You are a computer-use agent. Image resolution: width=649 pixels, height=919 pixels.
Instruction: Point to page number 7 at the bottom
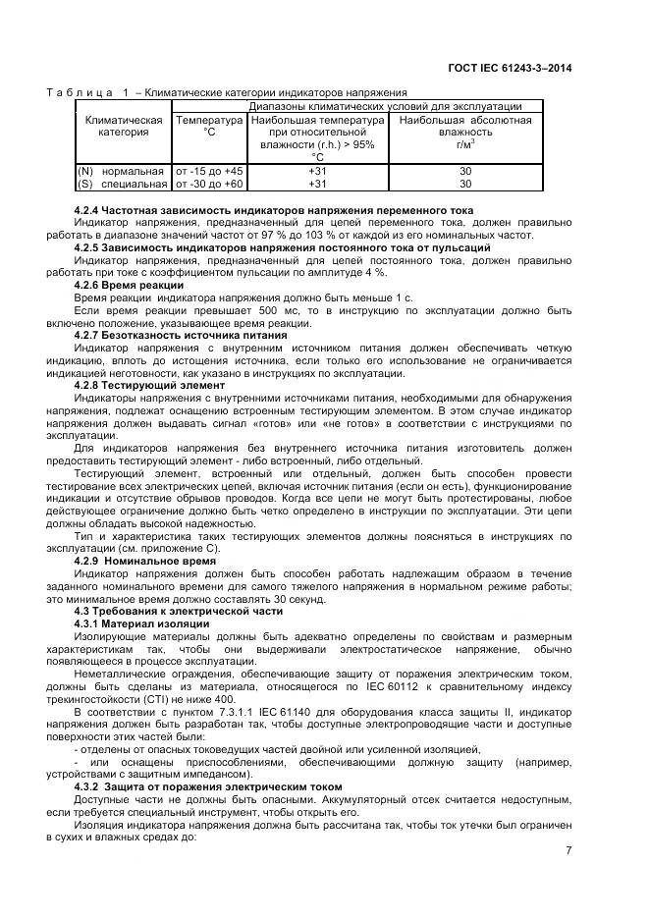[x=568, y=850]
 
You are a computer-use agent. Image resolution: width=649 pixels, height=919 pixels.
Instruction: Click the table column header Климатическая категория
[x=124, y=126]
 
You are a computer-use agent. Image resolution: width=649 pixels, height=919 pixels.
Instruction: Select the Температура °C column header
[x=208, y=126]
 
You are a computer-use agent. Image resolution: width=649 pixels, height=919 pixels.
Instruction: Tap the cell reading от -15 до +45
[x=208, y=171]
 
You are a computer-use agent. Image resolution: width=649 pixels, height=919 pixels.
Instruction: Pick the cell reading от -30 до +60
[x=208, y=183]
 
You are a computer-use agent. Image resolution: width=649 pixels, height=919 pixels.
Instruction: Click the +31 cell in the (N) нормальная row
[x=317, y=171]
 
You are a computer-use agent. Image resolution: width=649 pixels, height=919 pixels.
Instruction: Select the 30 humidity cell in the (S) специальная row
[x=465, y=183]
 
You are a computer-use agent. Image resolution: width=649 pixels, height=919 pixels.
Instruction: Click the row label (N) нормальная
[x=122, y=171]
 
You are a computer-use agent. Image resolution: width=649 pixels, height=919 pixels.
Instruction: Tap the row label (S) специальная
[x=122, y=183]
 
